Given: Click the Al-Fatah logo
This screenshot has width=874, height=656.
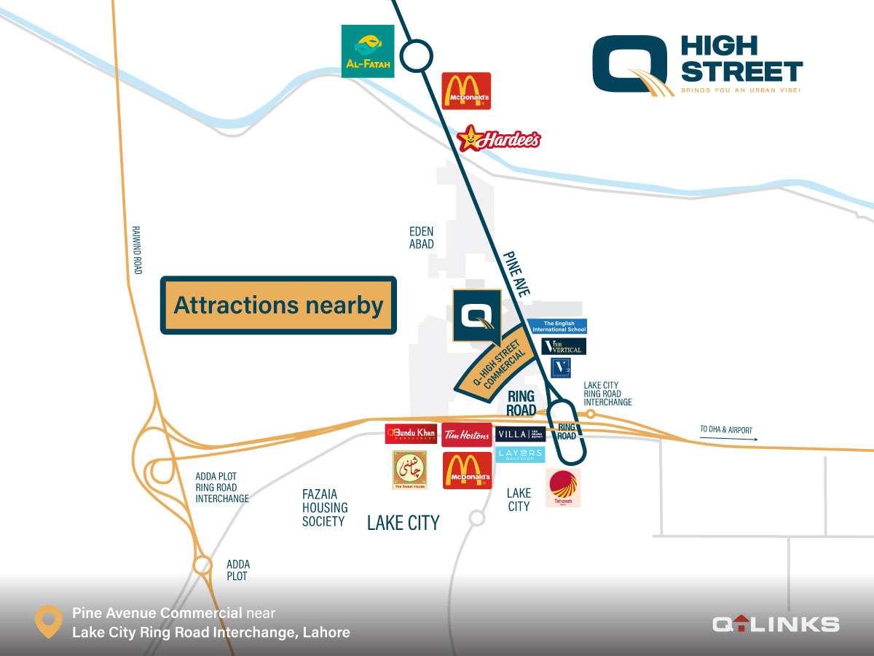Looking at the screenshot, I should click(368, 51).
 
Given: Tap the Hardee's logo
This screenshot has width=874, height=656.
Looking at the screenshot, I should click(499, 138).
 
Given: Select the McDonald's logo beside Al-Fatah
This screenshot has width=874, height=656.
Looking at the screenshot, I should click(466, 90).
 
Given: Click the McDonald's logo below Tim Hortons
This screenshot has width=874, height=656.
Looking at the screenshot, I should click(467, 470).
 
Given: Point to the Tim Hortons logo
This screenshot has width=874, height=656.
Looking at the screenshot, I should click(466, 434).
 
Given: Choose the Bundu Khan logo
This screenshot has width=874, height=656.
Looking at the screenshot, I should click(411, 434).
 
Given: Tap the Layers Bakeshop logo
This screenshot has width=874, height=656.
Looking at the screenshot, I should click(520, 454).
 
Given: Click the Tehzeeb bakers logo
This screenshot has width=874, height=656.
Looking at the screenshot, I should click(563, 488).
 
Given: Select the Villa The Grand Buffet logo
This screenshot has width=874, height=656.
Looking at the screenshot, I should click(520, 434).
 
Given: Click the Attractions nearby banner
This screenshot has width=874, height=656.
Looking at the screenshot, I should click(278, 305).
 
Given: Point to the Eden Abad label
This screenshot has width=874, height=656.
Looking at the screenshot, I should click(421, 238).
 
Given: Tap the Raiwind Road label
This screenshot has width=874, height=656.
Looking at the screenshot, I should click(136, 249).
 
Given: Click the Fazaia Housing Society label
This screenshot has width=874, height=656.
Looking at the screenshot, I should click(324, 507).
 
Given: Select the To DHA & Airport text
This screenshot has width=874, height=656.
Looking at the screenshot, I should click(727, 430).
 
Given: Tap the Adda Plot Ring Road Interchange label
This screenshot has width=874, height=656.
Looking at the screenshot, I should click(221, 488).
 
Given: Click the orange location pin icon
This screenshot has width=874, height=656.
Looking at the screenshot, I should click(49, 621).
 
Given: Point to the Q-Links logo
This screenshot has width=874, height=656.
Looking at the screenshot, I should click(775, 623).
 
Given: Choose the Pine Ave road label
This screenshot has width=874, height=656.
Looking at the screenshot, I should click(516, 273).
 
